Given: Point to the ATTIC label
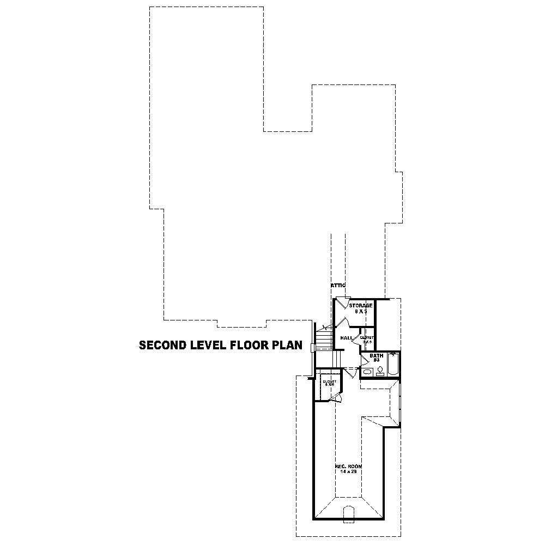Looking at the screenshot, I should click(x=338, y=286).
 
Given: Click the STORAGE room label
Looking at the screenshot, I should click(x=361, y=306).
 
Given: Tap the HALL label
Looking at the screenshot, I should click(x=346, y=338).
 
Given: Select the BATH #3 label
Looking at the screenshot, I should click(x=377, y=358).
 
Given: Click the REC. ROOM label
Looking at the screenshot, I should click(x=348, y=467).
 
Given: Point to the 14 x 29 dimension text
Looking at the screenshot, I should click(x=348, y=471).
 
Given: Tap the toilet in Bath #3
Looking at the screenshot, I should click(x=380, y=371).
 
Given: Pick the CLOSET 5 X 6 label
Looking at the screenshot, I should click(x=329, y=383).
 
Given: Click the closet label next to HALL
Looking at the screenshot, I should click(x=366, y=339).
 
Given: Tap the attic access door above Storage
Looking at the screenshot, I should click(x=342, y=301).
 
